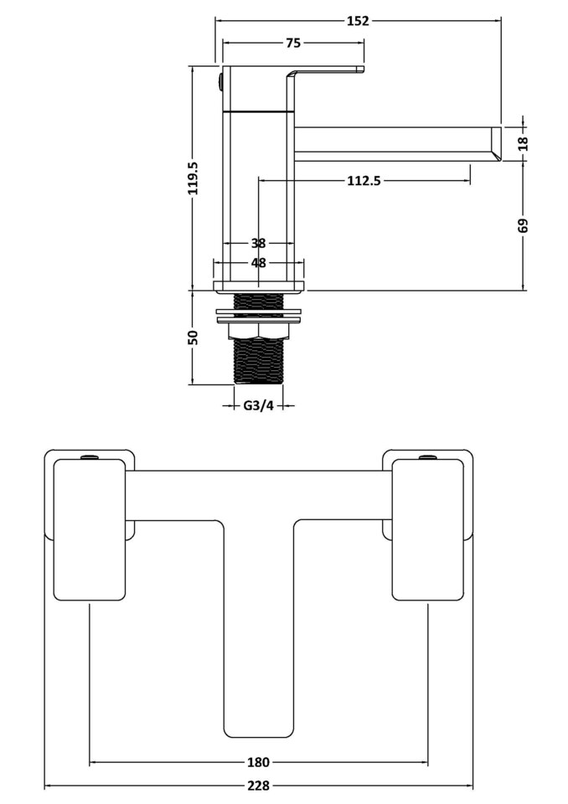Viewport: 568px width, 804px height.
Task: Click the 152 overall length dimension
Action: click(357, 21)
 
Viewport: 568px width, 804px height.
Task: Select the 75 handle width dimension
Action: click(293, 44)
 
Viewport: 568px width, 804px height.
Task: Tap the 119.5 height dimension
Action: click(194, 178)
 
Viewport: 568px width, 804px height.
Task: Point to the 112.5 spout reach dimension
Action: click(364, 180)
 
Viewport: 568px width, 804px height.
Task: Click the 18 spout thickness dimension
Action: click(524, 142)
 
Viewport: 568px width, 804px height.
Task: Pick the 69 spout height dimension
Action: click(524, 225)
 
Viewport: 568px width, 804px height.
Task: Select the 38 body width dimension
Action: click(258, 244)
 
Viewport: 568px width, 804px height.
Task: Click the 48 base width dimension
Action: click(258, 263)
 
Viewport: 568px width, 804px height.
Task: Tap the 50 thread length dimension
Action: click(194, 337)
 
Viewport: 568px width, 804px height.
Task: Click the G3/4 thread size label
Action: click(258, 406)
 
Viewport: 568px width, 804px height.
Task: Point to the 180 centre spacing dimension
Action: click(258, 762)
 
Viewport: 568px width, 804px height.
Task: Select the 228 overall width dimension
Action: click(258, 786)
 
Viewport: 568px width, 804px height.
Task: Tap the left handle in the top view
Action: click(90, 529)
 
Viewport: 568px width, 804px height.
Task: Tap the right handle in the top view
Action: click(427, 529)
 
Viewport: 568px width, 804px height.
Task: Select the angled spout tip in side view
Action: click(495, 143)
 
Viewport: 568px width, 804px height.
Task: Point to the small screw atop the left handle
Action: click(90, 457)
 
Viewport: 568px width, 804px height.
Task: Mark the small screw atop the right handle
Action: click(427, 457)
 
